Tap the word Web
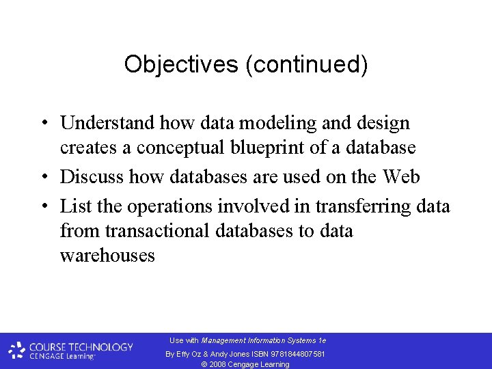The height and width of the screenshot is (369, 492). coord(401,176)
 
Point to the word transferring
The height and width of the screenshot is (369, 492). coord(352,206)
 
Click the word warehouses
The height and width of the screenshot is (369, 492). coord(107,256)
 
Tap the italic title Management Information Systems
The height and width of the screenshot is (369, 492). coord(259,340)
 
